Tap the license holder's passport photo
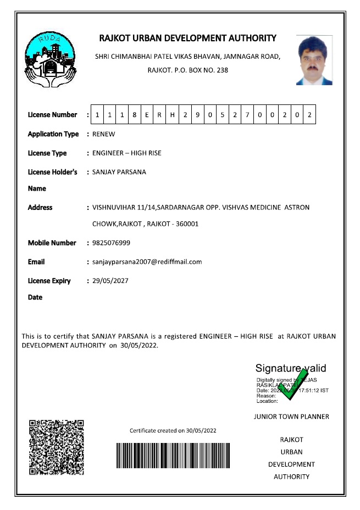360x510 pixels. point(314,60)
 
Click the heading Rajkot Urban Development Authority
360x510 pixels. point(187,38)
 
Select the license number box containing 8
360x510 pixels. point(134,115)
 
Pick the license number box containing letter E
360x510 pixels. point(147,115)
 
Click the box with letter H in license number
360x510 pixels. point(172,115)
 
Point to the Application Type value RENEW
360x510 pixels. point(104,134)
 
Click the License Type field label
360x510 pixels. point(47,153)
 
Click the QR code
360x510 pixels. point(56,447)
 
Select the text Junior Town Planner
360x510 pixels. point(291,417)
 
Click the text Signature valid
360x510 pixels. point(290,368)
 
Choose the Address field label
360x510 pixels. point(40,208)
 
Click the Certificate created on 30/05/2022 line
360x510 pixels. point(173,430)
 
